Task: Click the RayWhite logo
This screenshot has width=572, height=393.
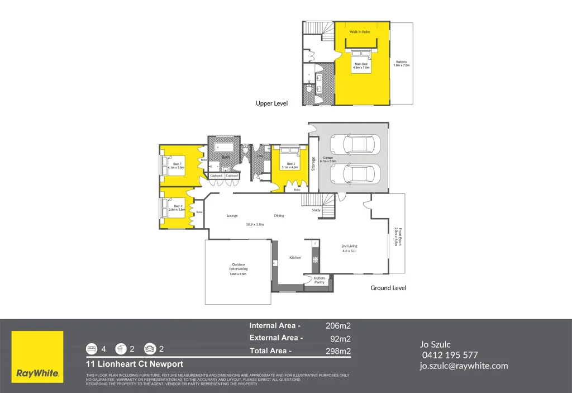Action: coord(37,357)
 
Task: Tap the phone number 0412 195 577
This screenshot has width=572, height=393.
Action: coord(449,355)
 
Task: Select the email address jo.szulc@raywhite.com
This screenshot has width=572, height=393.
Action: coord(464,366)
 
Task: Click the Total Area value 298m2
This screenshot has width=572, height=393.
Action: coord(338,351)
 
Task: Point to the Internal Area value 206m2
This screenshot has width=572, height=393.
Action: coord(338,325)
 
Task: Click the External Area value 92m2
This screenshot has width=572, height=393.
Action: coord(340,338)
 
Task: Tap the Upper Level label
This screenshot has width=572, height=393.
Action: coord(271,103)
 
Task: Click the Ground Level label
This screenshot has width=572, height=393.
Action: coord(388,288)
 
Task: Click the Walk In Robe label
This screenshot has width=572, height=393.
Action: coord(360,32)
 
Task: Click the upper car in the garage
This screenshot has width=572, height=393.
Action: coord(355,145)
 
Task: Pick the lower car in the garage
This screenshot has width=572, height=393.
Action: coord(355,174)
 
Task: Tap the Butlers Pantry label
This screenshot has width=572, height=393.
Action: coord(319,280)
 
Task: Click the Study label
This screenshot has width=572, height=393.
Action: coord(316,210)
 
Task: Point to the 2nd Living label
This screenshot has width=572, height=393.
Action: coord(349,247)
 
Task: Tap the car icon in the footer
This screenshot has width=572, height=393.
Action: coord(150,349)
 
